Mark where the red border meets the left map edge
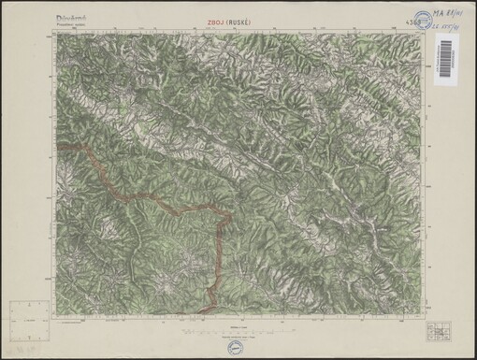coord(57,148)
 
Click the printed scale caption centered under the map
coord(239,319)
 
